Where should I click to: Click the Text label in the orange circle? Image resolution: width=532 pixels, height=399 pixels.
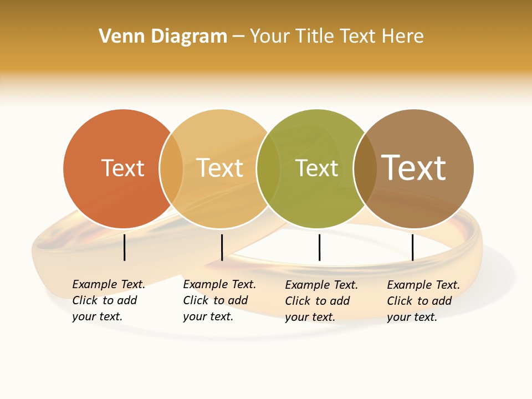(x=122, y=168)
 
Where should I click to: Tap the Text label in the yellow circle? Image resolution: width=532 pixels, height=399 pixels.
(x=219, y=168)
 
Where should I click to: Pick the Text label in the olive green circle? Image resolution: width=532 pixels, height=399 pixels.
(x=316, y=168)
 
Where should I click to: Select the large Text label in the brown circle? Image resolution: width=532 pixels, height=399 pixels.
(x=414, y=167)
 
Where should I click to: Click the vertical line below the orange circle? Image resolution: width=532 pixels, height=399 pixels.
(x=125, y=247)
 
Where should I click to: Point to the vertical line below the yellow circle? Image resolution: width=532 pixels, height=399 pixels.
(x=222, y=247)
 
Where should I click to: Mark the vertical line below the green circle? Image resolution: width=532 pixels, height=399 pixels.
(x=319, y=247)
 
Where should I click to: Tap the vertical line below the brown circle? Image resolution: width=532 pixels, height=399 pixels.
(x=412, y=247)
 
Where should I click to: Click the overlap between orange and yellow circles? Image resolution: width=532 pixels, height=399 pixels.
(x=171, y=168)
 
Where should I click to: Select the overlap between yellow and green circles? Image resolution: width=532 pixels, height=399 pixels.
(x=268, y=168)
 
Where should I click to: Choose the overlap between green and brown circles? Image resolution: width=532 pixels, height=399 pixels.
(x=365, y=168)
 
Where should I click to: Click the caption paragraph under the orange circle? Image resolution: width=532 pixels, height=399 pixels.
(x=109, y=300)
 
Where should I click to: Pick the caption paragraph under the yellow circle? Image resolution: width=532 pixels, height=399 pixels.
(x=219, y=300)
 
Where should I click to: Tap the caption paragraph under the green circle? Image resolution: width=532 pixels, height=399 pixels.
(x=321, y=301)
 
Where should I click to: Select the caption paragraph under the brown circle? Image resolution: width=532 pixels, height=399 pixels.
(x=423, y=301)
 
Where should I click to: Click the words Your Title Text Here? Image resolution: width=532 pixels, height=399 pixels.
(x=336, y=37)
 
